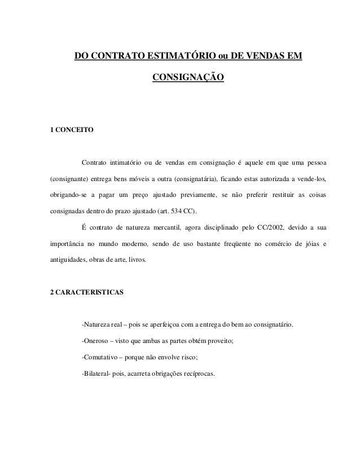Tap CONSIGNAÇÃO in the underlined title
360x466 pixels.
pos(188,76)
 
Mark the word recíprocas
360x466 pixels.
pos(199,373)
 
